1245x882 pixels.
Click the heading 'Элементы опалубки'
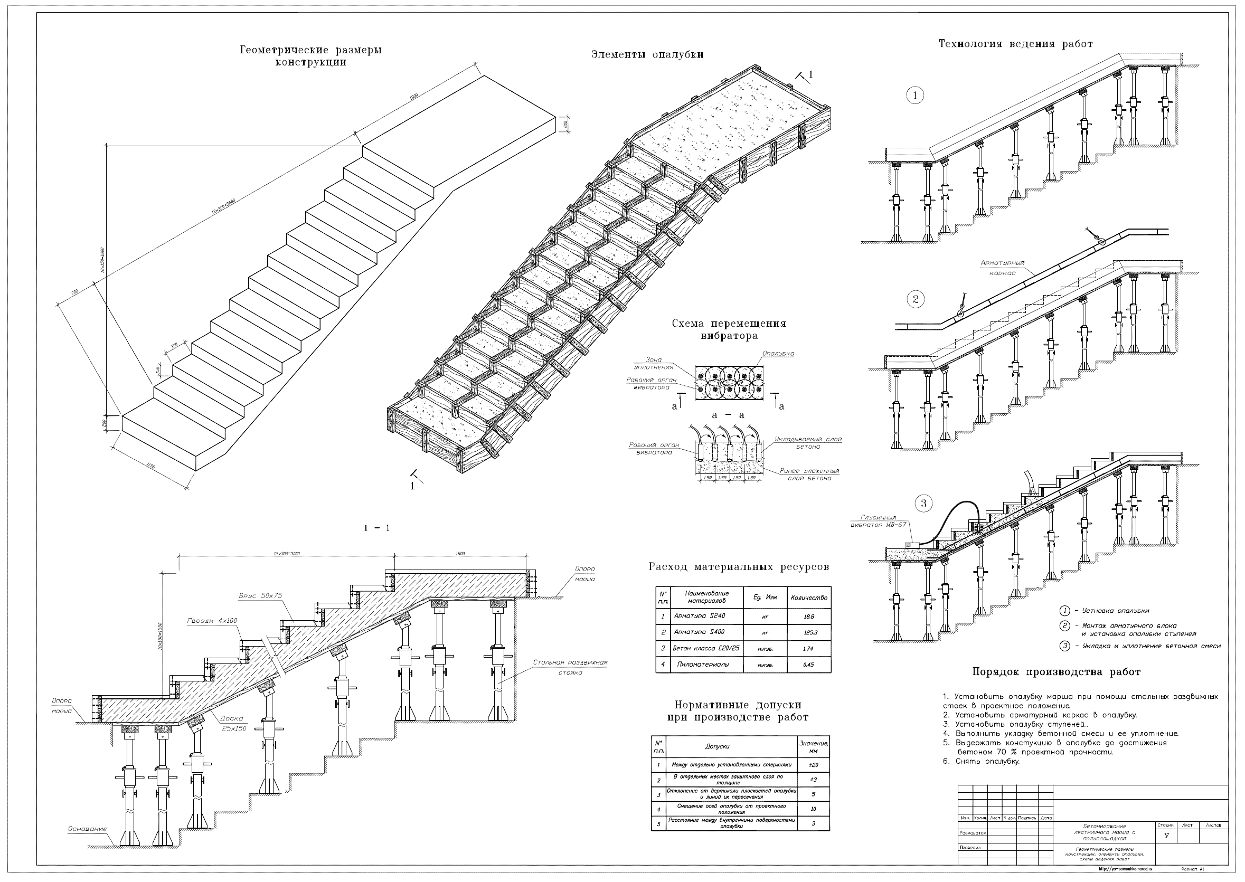pos(647,55)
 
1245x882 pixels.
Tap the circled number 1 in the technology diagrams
pos(914,96)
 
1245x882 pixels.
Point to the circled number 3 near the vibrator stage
pos(923,504)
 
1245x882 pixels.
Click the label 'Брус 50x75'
pos(261,595)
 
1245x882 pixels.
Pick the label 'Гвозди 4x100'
pos(212,621)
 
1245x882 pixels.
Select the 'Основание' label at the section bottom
pos(88,829)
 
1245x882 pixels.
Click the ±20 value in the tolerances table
pos(813,765)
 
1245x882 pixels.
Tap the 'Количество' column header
pos(809,598)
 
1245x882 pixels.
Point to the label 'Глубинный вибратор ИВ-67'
pos(878,521)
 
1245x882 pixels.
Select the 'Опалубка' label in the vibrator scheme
pos(778,354)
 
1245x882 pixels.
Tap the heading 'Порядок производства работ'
pos(1056,672)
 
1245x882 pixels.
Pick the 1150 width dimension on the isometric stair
pos(150,466)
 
